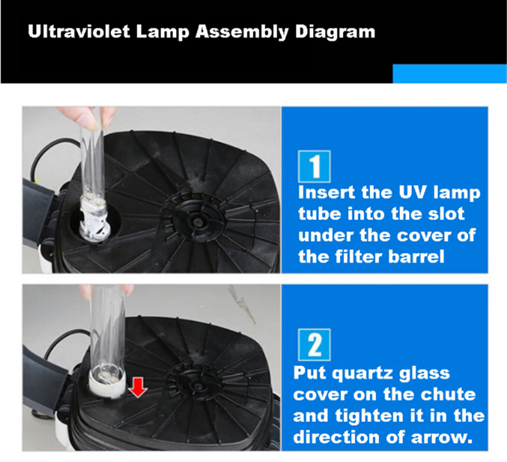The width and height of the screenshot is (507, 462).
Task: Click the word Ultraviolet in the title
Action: click(x=79, y=32)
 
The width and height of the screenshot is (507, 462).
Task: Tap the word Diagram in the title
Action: click(x=335, y=32)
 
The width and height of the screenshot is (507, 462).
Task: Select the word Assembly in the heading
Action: click(x=241, y=32)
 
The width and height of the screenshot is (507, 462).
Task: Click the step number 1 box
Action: click(x=314, y=166)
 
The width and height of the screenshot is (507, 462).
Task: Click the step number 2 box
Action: click(x=314, y=345)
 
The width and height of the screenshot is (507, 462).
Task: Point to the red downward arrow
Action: click(x=138, y=388)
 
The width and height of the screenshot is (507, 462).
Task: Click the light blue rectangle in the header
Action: click(x=449, y=74)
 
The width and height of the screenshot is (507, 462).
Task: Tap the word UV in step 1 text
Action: click(x=414, y=193)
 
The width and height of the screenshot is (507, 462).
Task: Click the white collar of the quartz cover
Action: click(x=107, y=384)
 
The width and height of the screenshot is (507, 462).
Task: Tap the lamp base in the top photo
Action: click(x=94, y=220)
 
